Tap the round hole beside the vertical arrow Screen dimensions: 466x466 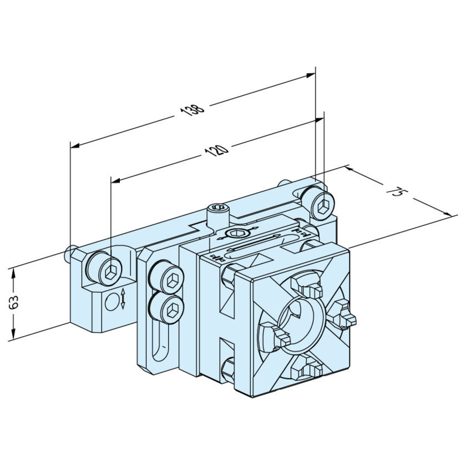click(x=112, y=301)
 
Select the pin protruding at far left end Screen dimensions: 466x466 click(x=69, y=254)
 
